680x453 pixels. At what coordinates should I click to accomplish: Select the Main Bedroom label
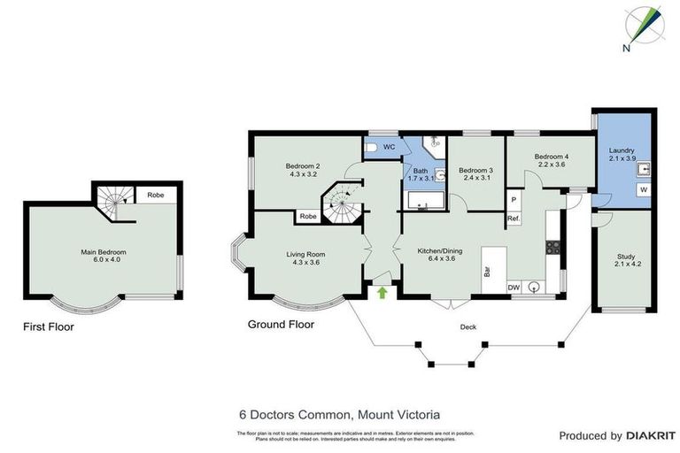pyautogui.click(x=99, y=257)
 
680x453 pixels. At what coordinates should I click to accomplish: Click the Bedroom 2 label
pyautogui.click(x=303, y=170)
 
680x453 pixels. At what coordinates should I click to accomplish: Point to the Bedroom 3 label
pyautogui.click(x=475, y=173)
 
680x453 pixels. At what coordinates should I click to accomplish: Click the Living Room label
pyautogui.click(x=304, y=259)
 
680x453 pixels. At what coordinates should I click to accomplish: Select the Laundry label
pyautogui.click(x=622, y=154)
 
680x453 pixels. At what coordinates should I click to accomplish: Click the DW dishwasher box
pyautogui.click(x=514, y=287)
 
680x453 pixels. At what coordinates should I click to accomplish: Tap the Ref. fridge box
pyautogui.click(x=514, y=218)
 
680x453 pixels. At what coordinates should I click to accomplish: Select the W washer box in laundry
pyautogui.click(x=642, y=189)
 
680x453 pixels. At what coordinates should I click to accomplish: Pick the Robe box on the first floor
pyautogui.click(x=155, y=195)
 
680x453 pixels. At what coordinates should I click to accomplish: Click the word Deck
pyautogui.click(x=468, y=327)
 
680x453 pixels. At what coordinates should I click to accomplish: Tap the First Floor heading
pyautogui.click(x=49, y=327)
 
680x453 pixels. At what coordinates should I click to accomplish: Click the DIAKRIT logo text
pyautogui.click(x=651, y=435)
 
